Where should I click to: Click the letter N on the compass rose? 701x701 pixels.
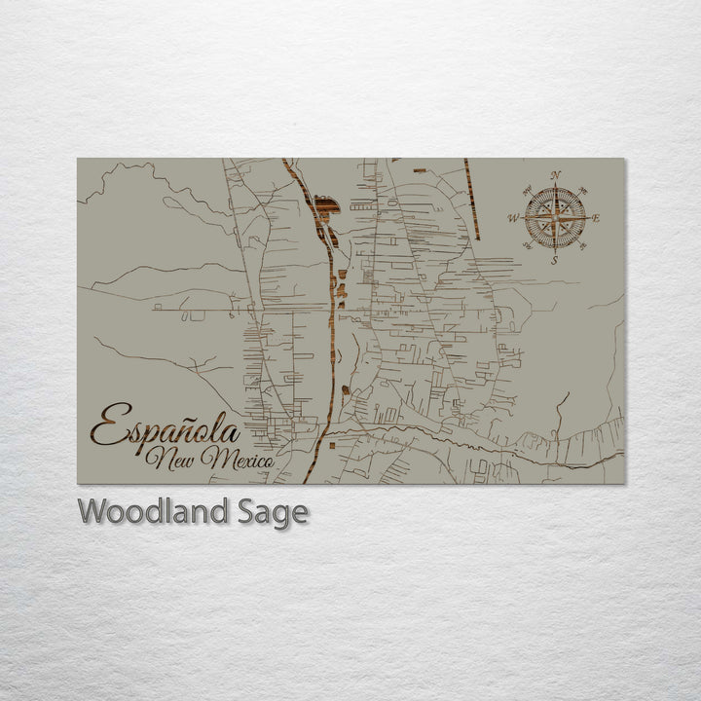[x=556, y=175]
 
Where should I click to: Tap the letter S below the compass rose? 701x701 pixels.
[x=555, y=260]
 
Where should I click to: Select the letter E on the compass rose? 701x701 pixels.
[x=597, y=218]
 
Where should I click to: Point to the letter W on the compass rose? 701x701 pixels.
[x=513, y=218]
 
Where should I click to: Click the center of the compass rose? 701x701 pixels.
[x=555, y=218]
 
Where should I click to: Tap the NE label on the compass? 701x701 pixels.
[x=583, y=189]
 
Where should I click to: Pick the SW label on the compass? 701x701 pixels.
[x=527, y=246]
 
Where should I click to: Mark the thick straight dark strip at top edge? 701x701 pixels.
[x=472, y=199]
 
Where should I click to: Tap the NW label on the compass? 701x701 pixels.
[x=527, y=189]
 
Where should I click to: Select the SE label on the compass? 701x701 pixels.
[x=583, y=246]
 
